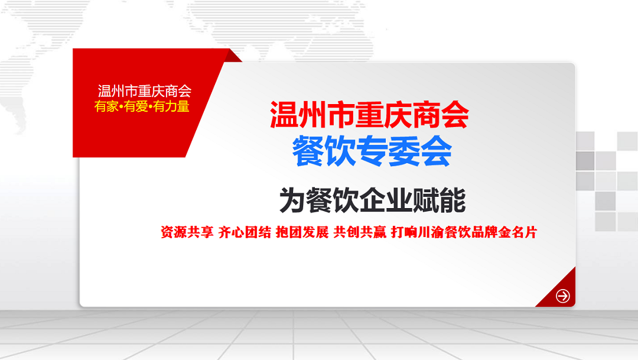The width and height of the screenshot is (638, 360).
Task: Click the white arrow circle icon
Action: point(563,296)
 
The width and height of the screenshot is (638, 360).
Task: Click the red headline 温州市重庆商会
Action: point(369,115)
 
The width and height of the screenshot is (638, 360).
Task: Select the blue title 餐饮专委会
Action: point(372,151)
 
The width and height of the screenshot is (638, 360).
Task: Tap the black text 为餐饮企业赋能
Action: point(372,200)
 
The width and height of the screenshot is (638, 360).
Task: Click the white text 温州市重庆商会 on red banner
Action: point(145,91)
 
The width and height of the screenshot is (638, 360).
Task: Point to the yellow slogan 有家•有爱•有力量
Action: point(142,106)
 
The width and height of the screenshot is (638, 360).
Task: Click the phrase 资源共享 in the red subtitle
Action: point(187,232)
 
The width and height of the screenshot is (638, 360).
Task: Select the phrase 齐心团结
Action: point(245,232)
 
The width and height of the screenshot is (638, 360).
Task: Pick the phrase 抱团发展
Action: point(302,232)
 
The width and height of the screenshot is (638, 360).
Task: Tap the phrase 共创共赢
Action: point(360,232)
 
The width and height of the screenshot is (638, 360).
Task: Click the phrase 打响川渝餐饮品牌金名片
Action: point(464,232)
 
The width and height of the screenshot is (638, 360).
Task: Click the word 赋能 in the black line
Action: point(440,200)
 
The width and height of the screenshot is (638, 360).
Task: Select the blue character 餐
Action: point(308,151)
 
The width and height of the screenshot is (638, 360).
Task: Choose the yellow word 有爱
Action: point(136,106)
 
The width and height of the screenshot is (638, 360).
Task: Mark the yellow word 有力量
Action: point(171,106)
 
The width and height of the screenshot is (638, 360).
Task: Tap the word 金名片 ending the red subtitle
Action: point(518,232)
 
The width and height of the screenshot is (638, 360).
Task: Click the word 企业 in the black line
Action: point(386,200)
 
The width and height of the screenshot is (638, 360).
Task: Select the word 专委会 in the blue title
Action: point(404,151)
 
